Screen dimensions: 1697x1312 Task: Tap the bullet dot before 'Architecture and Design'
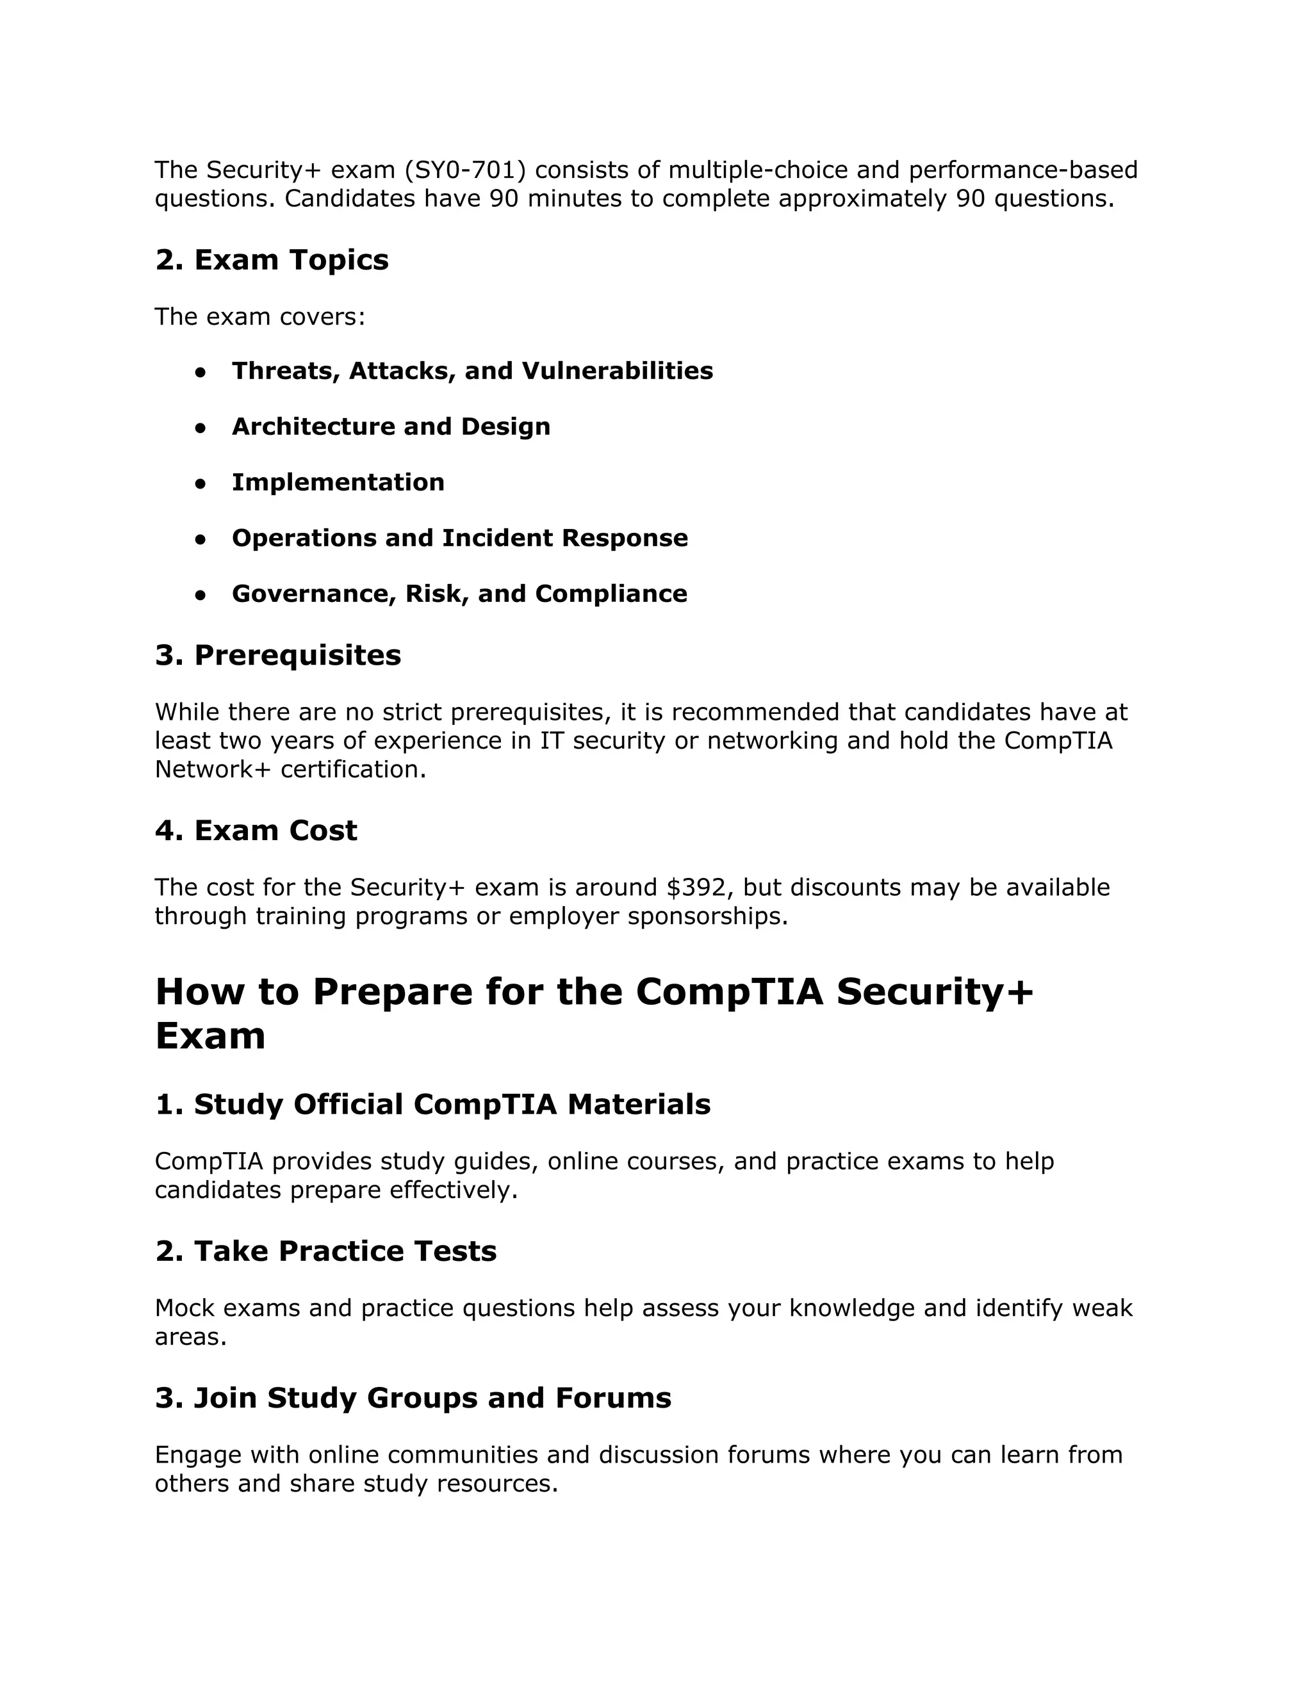(x=201, y=427)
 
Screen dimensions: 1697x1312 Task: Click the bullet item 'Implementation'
(x=338, y=483)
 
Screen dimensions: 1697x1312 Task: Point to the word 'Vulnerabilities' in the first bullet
(x=617, y=371)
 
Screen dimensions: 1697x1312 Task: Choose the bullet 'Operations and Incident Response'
(x=459, y=538)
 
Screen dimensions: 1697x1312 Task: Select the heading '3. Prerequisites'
(x=277, y=655)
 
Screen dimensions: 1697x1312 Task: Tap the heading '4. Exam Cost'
(x=256, y=831)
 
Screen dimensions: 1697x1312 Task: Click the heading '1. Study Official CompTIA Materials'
(x=432, y=1104)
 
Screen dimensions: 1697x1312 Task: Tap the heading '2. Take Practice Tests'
(x=325, y=1251)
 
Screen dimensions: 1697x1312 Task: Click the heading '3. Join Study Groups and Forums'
(x=413, y=1398)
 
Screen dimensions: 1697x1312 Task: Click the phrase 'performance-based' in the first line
(x=1023, y=170)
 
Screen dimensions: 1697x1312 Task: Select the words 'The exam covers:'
(x=259, y=317)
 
